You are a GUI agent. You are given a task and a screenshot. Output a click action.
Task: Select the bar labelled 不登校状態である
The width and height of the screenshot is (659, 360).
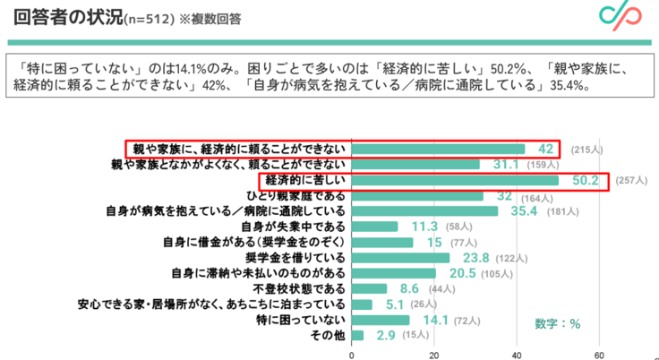369,289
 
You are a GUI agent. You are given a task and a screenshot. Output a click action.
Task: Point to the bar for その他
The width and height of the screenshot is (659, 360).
357,336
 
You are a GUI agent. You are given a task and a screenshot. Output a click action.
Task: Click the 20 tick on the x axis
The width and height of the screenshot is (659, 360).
434,352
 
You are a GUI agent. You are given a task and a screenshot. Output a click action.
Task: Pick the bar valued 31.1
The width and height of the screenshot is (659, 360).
415,165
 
